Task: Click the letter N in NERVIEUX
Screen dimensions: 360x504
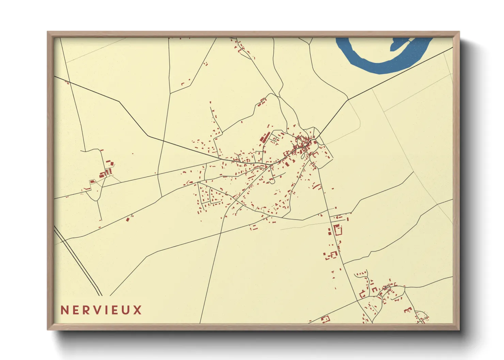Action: click(65, 310)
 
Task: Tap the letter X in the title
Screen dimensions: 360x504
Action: click(137, 310)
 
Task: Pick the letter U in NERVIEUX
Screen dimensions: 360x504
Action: click(125, 310)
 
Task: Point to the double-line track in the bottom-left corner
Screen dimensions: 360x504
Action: click(78, 262)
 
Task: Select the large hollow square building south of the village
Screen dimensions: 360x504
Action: click(338, 230)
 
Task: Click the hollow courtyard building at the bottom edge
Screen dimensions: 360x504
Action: click(326, 319)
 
